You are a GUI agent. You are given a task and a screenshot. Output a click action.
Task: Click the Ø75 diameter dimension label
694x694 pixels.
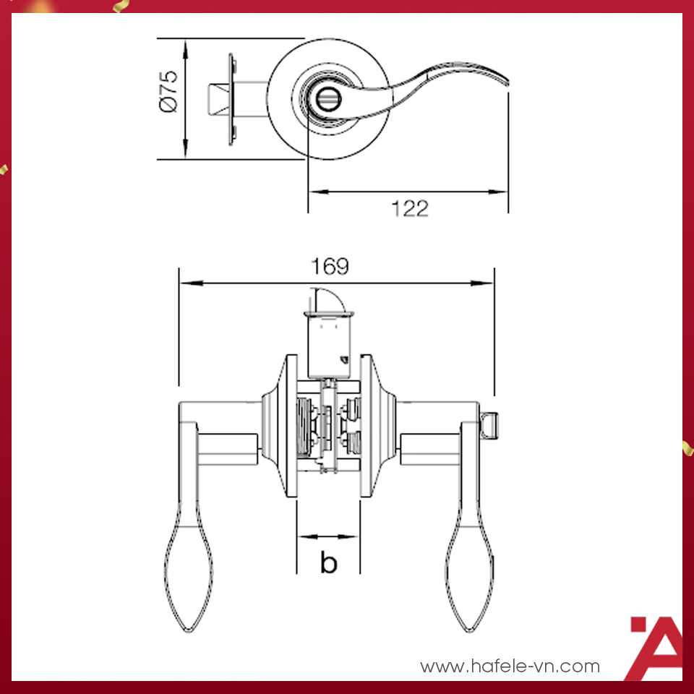click(168, 91)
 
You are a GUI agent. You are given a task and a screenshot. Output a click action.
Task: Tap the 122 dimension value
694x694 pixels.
click(410, 209)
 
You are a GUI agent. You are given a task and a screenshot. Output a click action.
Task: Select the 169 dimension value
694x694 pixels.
click(330, 267)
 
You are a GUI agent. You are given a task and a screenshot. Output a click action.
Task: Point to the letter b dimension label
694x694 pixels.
click(328, 562)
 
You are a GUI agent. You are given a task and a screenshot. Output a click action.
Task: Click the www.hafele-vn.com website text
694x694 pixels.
click(510, 666)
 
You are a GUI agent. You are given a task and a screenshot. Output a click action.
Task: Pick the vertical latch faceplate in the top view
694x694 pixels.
click(231, 100)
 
